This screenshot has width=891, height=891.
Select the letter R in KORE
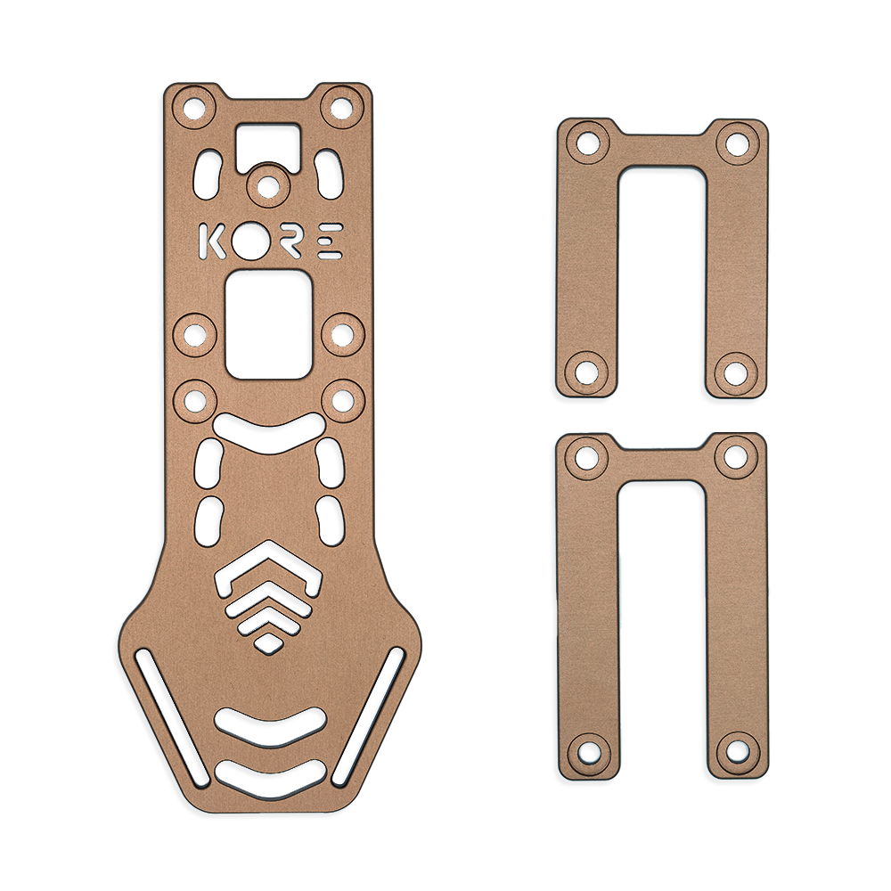(290, 241)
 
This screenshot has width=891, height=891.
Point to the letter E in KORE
(330, 241)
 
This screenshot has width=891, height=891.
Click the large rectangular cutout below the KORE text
(268, 324)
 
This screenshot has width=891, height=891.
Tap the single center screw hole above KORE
(266, 186)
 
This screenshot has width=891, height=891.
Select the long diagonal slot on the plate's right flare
(368, 718)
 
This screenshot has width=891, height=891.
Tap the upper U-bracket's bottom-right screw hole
(736, 370)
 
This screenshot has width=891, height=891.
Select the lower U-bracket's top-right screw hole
(736, 457)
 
